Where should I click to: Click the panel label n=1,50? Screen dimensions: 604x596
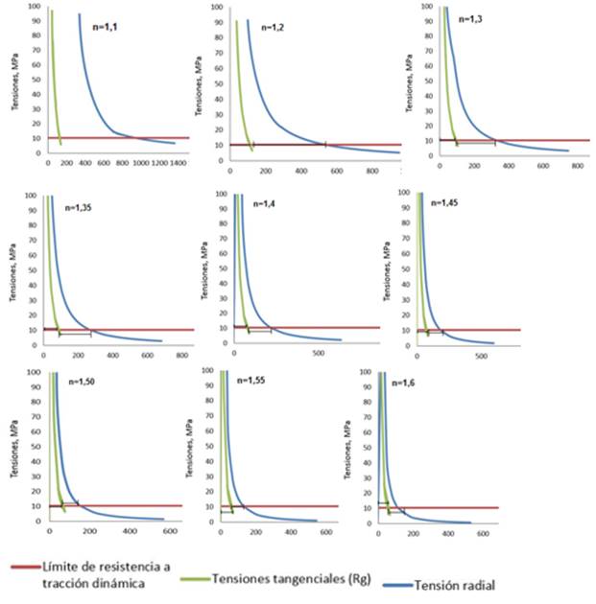pos(83,381)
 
